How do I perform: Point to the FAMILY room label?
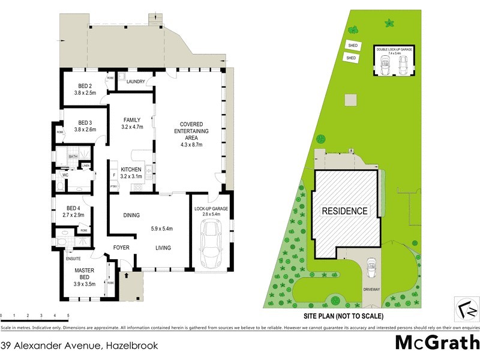131,119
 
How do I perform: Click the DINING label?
131,215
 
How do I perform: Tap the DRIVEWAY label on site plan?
371,289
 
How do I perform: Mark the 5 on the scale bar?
68,315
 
